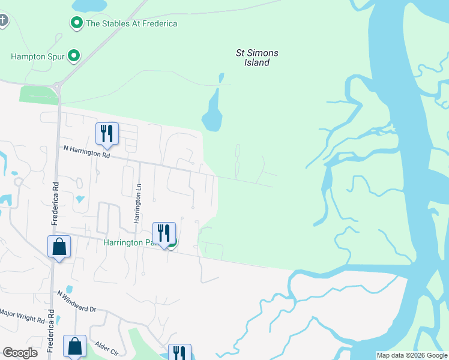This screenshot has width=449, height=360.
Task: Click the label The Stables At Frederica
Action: pyautogui.click(x=131, y=23)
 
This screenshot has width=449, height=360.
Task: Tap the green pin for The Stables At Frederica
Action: pyautogui.click(x=77, y=23)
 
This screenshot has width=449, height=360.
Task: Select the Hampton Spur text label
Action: pyautogui.click(x=37, y=57)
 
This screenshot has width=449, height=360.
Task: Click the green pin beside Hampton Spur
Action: pyautogui.click(x=74, y=56)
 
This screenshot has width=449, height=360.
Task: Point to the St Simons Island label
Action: pyautogui.click(x=257, y=58)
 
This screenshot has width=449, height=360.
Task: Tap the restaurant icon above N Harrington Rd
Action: pyautogui.click(x=107, y=134)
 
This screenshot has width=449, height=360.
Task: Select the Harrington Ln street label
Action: pyautogui.click(x=137, y=203)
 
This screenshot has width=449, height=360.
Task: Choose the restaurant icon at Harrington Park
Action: pyautogui.click(x=164, y=233)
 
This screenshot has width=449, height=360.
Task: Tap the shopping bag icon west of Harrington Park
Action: pyautogui.click(x=59, y=247)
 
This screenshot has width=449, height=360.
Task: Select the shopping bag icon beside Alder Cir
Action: pyautogui.click(x=74, y=346)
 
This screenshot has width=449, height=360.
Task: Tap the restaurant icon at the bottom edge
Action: pyautogui.click(x=179, y=353)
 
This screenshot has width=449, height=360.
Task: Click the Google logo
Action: pyautogui.click(x=20, y=353)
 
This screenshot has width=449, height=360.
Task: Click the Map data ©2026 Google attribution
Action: pyautogui.click(x=412, y=355)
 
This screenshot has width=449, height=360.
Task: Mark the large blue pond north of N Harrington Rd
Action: pyautogui.click(x=212, y=114)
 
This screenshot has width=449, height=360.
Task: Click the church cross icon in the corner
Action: pyautogui.click(x=3, y=21)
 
